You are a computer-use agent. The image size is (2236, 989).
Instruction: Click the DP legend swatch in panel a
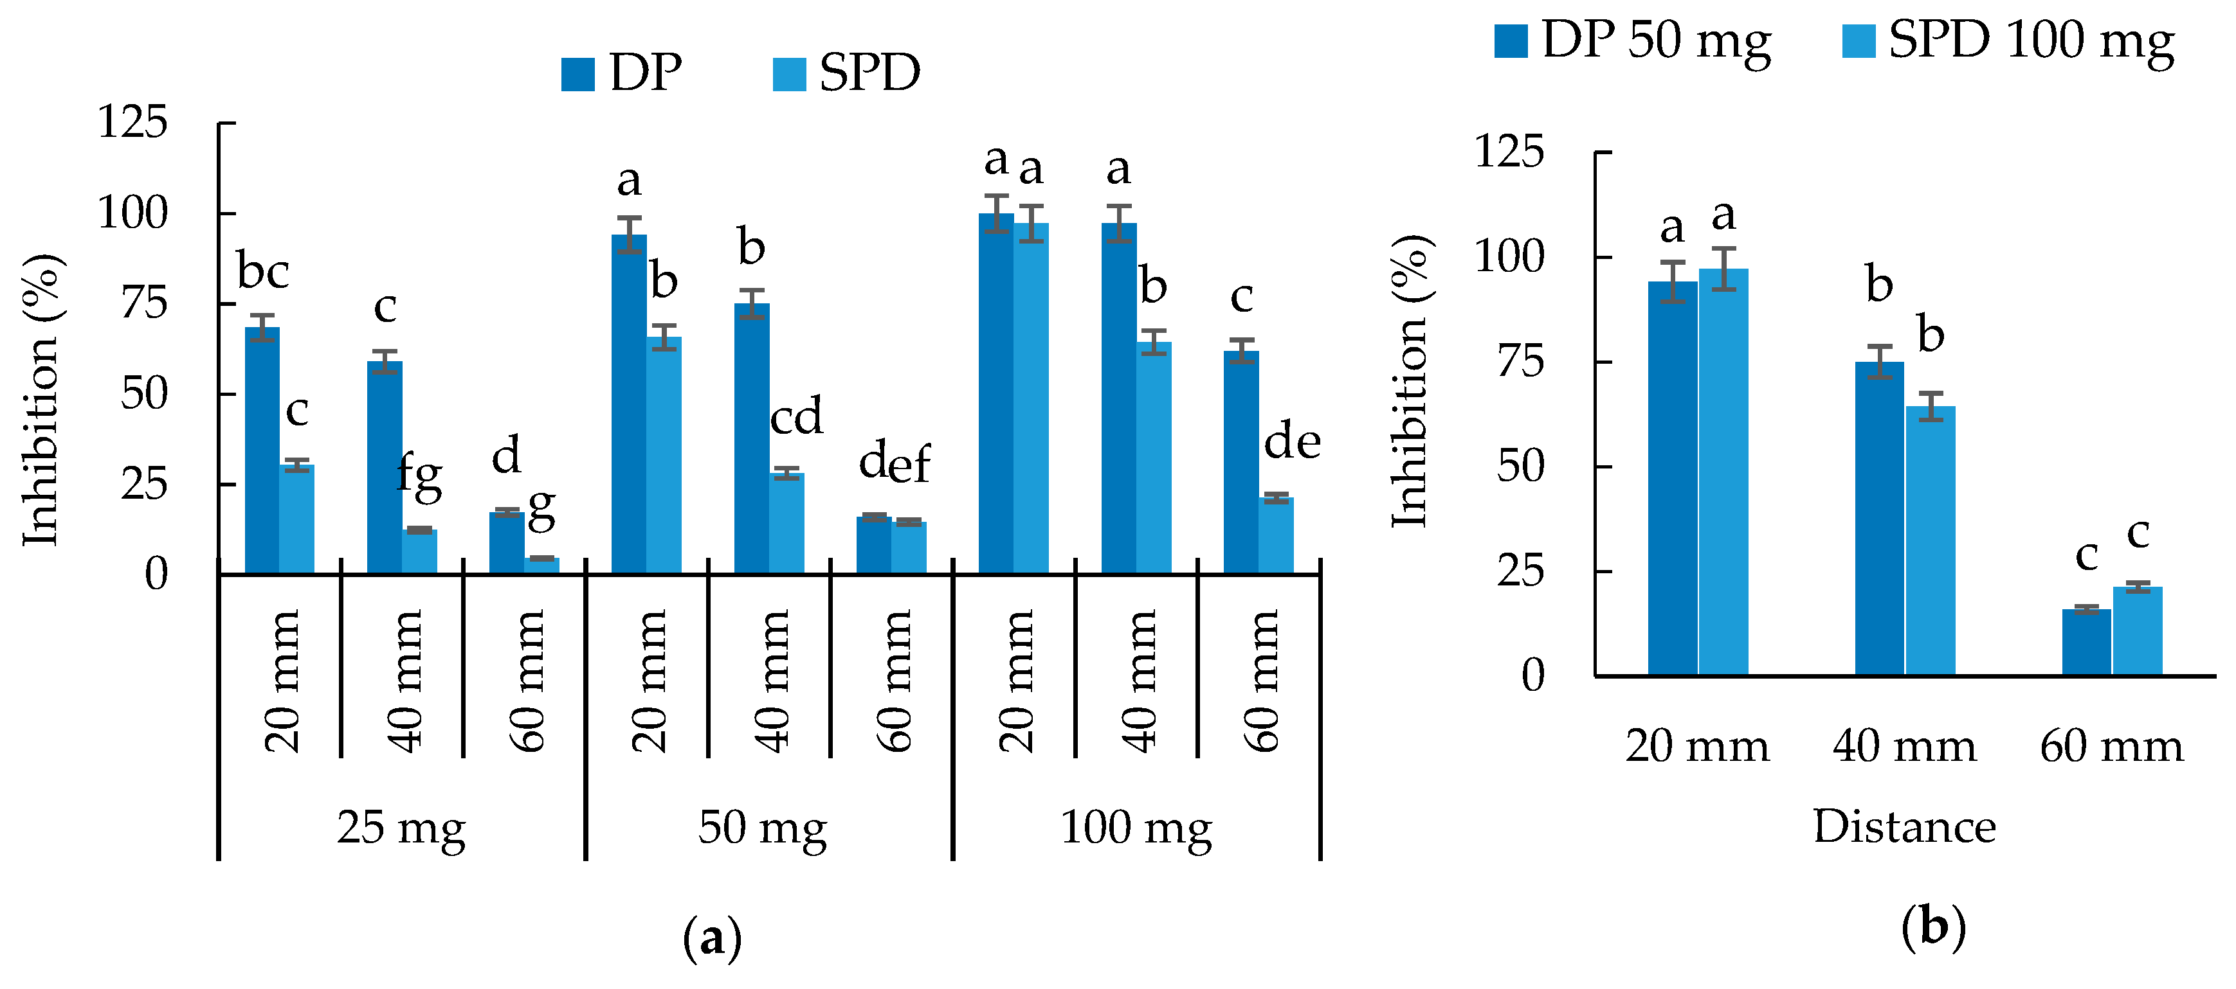click(577, 75)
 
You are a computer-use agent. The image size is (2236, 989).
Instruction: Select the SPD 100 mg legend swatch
click(1859, 40)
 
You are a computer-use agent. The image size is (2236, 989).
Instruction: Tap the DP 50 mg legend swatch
click(1511, 40)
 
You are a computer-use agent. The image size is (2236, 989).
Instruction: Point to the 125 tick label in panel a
click(132, 121)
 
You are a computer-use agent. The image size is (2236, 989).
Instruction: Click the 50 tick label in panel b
click(1520, 467)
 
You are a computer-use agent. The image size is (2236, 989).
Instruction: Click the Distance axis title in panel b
click(1904, 826)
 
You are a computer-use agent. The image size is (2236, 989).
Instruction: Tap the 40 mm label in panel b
click(1904, 746)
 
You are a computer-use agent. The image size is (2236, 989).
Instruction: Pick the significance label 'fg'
click(419, 478)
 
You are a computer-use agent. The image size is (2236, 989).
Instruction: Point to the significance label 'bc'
click(263, 272)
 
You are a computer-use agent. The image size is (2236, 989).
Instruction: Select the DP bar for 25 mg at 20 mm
click(262, 451)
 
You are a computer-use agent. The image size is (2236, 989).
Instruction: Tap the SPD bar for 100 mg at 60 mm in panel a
click(1276, 535)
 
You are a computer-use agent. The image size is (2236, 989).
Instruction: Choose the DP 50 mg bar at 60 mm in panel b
click(2086, 642)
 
